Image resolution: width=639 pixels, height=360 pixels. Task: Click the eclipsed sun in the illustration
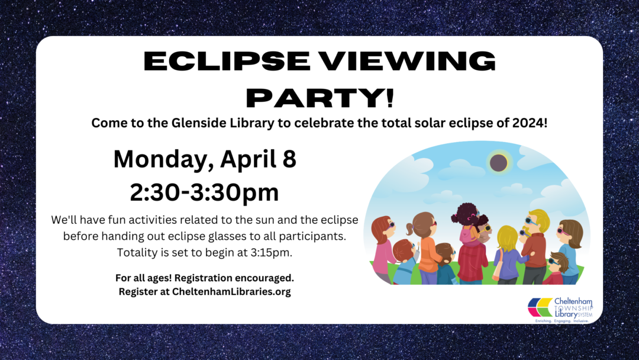pyautogui.click(x=498, y=163)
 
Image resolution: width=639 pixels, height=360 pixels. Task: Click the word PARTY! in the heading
pyautogui.click(x=320, y=98)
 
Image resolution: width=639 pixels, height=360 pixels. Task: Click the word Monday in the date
pyautogui.click(x=163, y=160)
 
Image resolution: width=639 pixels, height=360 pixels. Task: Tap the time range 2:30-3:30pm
pyautogui.click(x=205, y=192)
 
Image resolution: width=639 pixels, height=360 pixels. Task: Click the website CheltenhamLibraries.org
pyautogui.click(x=231, y=291)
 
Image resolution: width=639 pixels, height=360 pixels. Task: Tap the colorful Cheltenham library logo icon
pyautogui.click(x=540, y=307)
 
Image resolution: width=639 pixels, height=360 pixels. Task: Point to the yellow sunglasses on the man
pyautogui.click(x=486, y=229)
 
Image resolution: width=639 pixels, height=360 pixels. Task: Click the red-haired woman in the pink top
pyautogui.click(x=382, y=249)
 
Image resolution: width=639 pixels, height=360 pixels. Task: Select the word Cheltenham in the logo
pyautogui.click(x=573, y=302)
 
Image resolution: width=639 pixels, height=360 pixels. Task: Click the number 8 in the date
pyautogui.click(x=289, y=159)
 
